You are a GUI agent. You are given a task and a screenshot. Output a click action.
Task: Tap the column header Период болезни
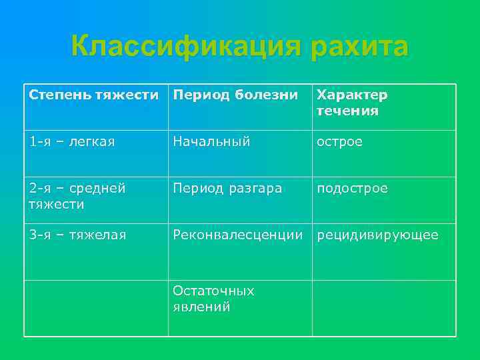click(x=235, y=95)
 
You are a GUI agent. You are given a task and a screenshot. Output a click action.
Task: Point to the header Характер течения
click(x=352, y=103)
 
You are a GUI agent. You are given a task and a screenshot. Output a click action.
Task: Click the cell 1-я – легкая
click(x=72, y=141)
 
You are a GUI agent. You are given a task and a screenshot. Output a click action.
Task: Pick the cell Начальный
click(x=211, y=141)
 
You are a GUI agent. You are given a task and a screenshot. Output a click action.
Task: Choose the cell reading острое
click(x=339, y=141)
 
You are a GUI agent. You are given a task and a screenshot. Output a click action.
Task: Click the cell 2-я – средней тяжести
click(x=77, y=196)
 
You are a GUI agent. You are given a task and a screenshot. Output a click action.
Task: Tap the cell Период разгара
click(x=227, y=189)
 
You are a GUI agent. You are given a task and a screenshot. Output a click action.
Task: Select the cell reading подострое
click(x=352, y=189)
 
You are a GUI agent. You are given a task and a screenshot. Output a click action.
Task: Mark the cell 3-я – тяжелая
click(x=77, y=235)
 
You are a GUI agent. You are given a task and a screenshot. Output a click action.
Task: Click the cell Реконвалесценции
click(x=238, y=235)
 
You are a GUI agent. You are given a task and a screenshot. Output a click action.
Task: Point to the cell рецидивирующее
click(x=377, y=235)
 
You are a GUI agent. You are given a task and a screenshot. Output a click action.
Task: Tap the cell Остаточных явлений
click(x=213, y=299)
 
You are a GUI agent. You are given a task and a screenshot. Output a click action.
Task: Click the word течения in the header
click(x=347, y=111)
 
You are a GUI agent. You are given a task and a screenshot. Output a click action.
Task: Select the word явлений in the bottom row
click(x=201, y=307)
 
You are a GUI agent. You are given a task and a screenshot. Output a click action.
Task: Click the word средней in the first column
click(x=97, y=189)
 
